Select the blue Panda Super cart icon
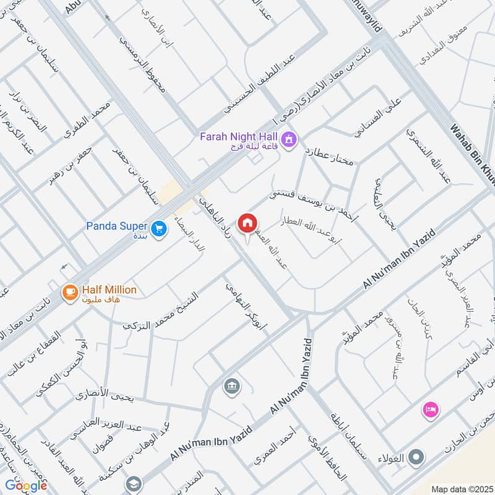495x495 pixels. tap(160, 229)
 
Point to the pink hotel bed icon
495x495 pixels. tap(430, 409)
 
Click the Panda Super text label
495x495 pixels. tap(116, 225)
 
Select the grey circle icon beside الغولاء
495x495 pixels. tap(418, 458)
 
